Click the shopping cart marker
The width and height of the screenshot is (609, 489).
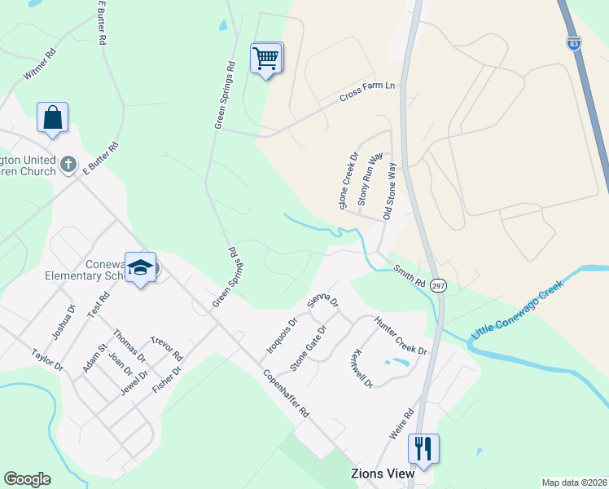pyautogui.click(x=266, y=59)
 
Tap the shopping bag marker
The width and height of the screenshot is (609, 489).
pyautogui.click(x=52, y=117)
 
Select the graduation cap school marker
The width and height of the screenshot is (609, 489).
pyautogui.click(x=140, y=267)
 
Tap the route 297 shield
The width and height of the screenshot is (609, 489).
pyautogui.click(x=439, y=285)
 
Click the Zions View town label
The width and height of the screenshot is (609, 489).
pyautogui.click(x=382, y=473)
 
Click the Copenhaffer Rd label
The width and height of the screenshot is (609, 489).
pyautogui.click(x=286, y=394)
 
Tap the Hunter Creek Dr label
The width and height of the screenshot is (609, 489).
pyautogui.click(x=401, y=335)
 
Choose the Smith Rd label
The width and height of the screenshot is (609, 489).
pyautogui.click(x=410, y=275)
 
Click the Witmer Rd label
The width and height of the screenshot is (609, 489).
pyautogui.click(x=39, y=64)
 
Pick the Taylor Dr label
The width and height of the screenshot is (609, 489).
pyautogui.click(x=47, y=360)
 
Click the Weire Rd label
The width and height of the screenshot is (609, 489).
pyautogui.click(x=402, y=425)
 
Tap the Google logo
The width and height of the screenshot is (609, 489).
pyautogui.click(x=27, y=479)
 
